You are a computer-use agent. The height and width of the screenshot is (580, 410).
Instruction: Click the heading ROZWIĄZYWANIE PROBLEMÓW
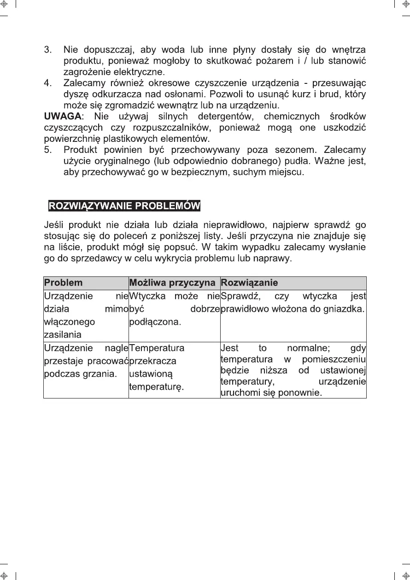(x=124, y=205)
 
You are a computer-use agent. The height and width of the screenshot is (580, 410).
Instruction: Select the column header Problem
(x=63, y=283)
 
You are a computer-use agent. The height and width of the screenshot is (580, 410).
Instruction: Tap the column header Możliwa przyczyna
(x=172, y=283)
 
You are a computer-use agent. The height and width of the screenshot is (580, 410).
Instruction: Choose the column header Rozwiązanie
(x=249, y=283)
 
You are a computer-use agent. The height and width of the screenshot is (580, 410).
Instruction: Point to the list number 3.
(x=47, y=49)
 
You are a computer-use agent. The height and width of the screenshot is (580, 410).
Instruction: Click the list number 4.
(x=47, y=83)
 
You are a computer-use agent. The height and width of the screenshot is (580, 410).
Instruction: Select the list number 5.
(x=47, y=150)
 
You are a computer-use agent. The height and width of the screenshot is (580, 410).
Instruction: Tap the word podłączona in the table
(x=155, y=322)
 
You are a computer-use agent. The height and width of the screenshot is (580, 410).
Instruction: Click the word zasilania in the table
(x=63, y=334)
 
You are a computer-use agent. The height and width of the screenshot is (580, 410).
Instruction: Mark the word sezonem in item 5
(x=294, y=150)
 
